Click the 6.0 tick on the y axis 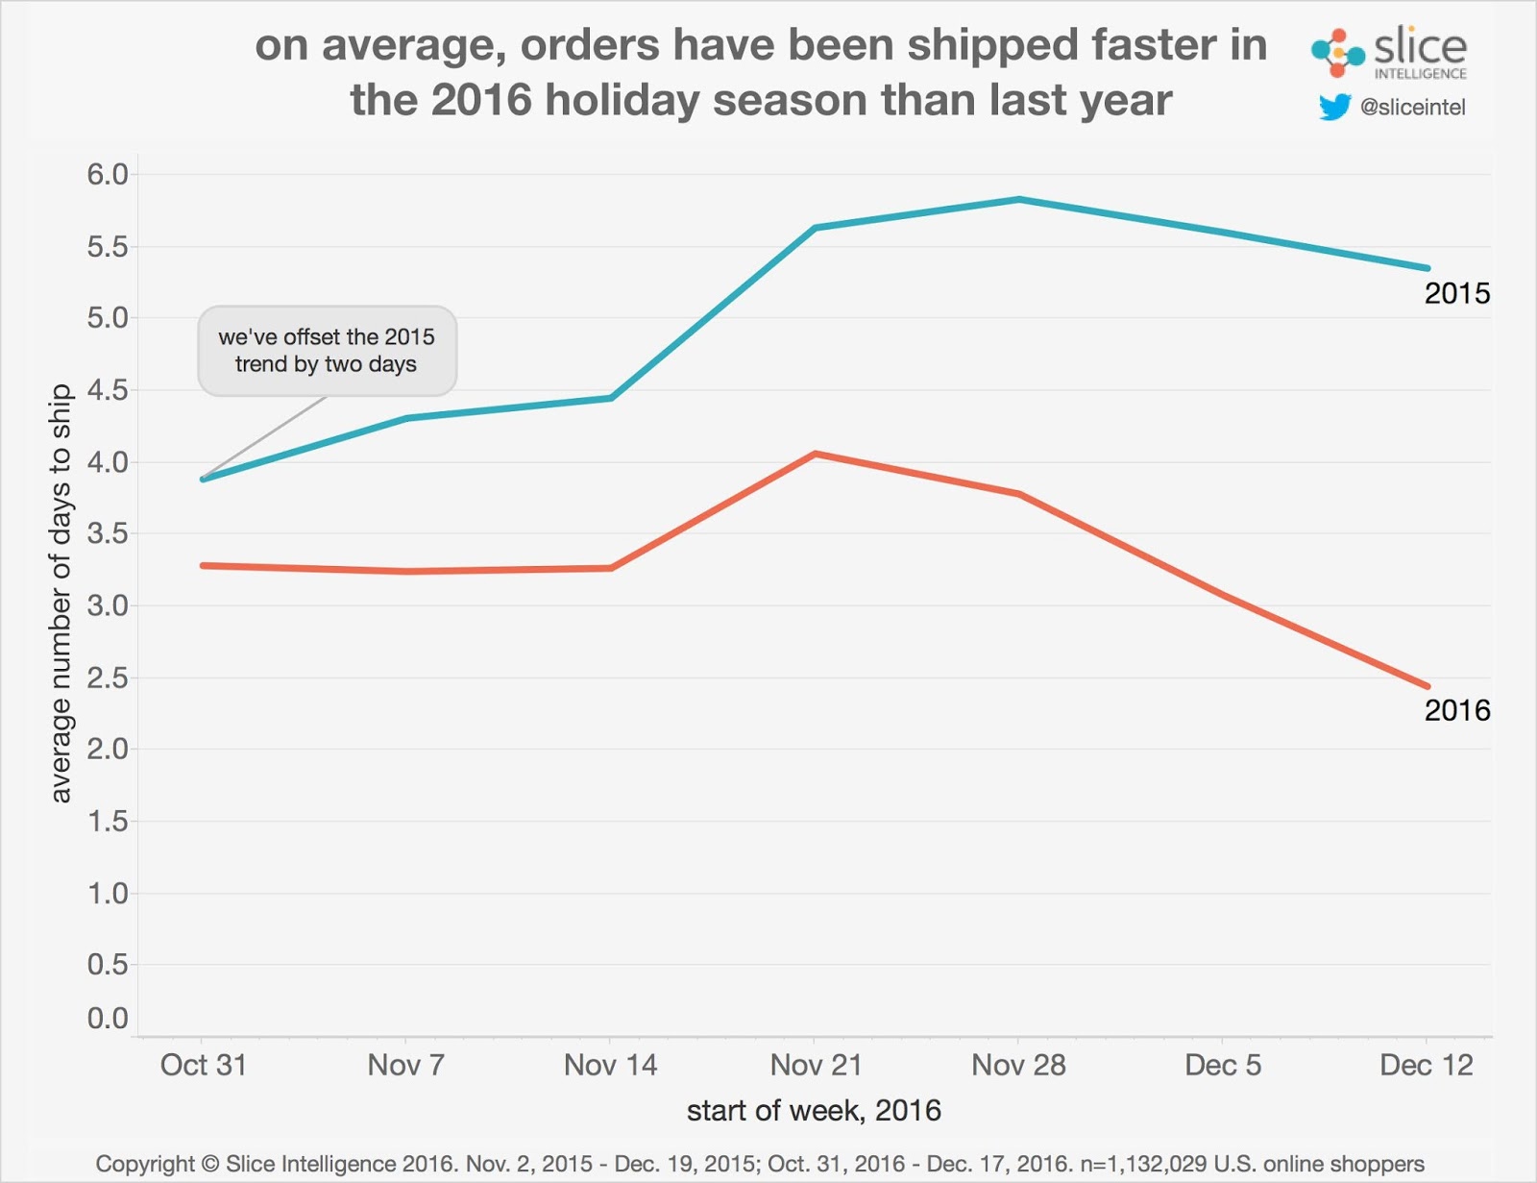tap(108, 175)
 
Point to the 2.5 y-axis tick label tap(108, 678)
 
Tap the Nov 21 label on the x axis tap(816, 1065)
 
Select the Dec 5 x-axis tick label tap(1222, 1065)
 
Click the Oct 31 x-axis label tap(203, 1065)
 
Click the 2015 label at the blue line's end tap(1456, 293)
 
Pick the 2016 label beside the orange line tap(1456, 710)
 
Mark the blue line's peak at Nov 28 tap(1018, 200)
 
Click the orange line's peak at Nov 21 tap(815, 454)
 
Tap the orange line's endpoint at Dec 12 tap(1427, 686)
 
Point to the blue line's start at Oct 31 tap(204, 479)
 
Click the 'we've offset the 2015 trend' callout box tap(327, 351)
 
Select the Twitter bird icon tap(1334, 107)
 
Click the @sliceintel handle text tap(1412, 108)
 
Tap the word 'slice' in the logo tap(1420, 46)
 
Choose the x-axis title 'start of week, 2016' tap(814, 1111)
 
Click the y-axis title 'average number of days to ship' tap(61, 593)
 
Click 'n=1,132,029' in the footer tap(1143, 1164)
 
